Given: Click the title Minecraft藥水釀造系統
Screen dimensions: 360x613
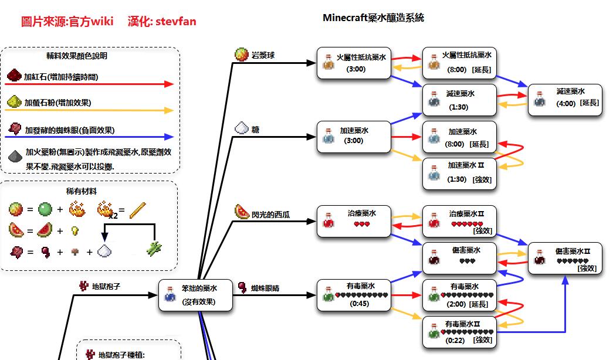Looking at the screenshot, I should coord(373,18).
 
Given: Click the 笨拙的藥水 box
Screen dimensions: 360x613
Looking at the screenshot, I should coord(195,294).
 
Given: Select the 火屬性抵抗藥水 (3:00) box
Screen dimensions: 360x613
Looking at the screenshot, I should coord(354,63).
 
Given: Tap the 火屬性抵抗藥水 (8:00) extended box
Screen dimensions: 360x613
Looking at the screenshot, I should coord(459,63).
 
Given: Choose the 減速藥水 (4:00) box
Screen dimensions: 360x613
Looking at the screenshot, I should coord(565,100).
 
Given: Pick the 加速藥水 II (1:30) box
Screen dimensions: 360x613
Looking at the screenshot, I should coord(459,173).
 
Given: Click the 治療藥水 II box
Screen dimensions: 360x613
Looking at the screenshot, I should coord(459,221).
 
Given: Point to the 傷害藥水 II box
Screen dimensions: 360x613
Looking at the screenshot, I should coord(565,258).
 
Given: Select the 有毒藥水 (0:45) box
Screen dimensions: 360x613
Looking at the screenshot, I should coord(354,294).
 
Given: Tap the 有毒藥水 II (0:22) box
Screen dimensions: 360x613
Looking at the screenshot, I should coord(459,332).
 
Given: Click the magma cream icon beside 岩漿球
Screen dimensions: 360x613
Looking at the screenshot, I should coord(242,55).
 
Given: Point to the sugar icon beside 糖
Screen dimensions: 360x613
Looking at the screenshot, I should coord(242,128).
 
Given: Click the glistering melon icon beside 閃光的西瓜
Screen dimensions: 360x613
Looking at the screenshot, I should coord(242,212).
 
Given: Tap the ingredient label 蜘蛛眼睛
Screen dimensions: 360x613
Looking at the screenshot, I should coord(266,288).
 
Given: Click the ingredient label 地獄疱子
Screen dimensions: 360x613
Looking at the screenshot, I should coord(106,287).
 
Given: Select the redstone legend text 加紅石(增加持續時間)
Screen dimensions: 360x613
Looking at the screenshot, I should coord(61,77).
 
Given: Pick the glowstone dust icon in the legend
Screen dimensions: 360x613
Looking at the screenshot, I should coord(14,103).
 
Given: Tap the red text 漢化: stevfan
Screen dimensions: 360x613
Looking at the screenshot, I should coord(162,22).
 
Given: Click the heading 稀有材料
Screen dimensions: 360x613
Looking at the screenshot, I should coord(82,191).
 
